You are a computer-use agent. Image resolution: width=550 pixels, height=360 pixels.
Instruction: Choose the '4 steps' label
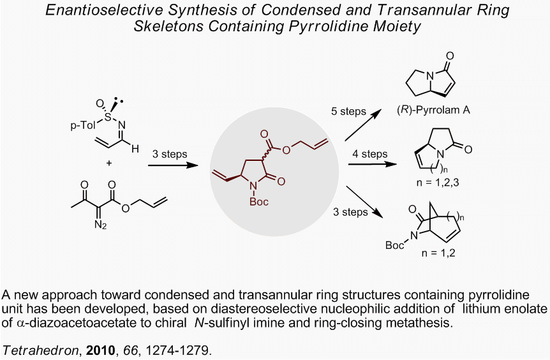coord(369,154)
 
